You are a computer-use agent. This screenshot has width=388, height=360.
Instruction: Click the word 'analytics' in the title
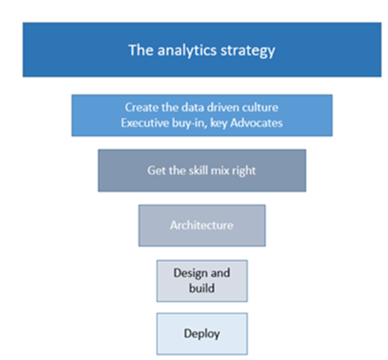(x=187, y=50)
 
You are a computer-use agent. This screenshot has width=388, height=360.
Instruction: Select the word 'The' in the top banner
(x=141, y=50)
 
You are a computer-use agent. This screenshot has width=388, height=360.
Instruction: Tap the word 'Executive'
(x=144, y=123)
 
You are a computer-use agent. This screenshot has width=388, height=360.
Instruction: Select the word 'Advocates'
(x=256, y=123)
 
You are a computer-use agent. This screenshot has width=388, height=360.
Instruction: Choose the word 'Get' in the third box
(x=156, y=170)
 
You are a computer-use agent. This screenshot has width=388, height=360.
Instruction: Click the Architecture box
(x=202, y=226)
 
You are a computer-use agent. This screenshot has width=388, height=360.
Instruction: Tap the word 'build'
(x=202, y=288)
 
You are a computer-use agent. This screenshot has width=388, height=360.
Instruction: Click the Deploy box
(x=202, y=333)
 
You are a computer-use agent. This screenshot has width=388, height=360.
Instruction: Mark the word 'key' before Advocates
(x=219, y=123)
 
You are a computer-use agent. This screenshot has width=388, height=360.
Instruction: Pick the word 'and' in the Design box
(x=220, y=273)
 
